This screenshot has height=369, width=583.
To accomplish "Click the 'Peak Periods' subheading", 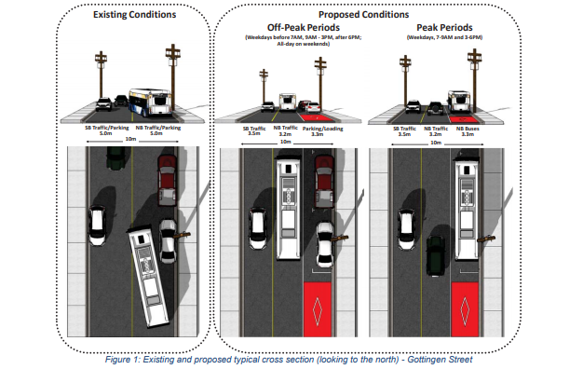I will [434, 27].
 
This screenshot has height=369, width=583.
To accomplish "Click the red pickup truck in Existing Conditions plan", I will [166, 181].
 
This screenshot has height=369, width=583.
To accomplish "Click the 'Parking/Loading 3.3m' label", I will [322, 131].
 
